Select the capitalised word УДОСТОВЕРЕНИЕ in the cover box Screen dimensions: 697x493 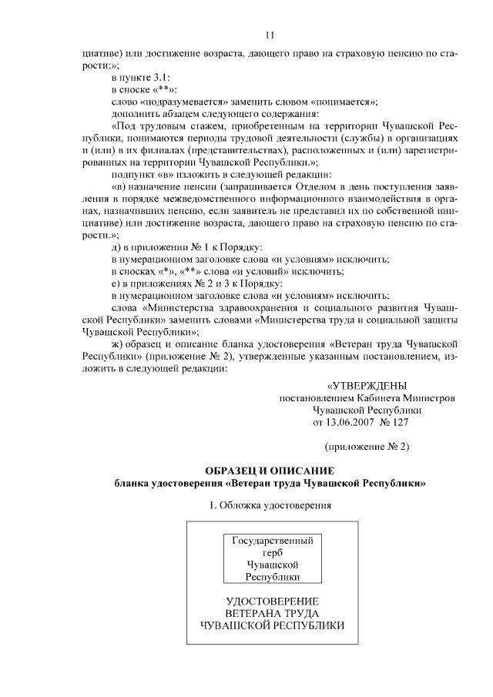273,601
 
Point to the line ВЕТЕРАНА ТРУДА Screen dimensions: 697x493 273,613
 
